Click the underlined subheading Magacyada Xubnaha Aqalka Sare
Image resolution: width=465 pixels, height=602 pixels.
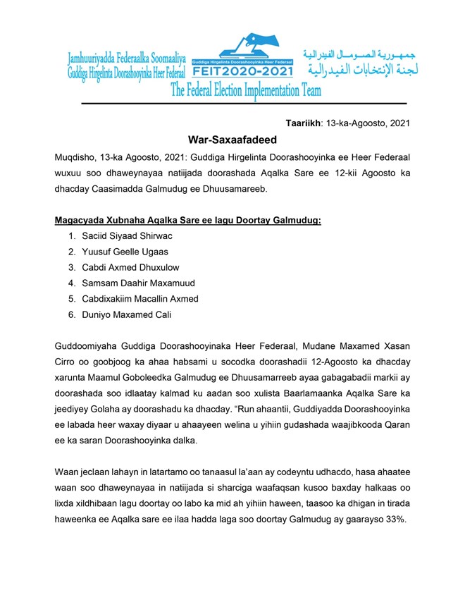[x=187, y=221]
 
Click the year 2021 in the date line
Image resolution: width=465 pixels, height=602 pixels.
[x=397, y=123]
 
